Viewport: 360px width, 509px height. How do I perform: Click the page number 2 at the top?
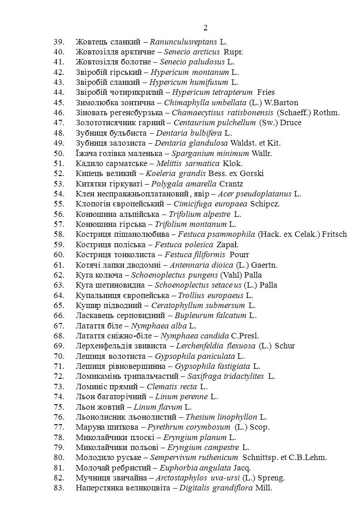[205, 28]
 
